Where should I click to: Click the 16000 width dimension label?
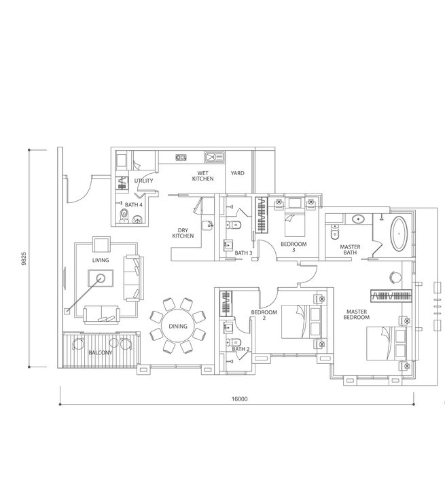[x=240, y=399]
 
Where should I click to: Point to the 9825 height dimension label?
[x=24, y=259]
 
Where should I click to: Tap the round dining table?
[x=177, y=327]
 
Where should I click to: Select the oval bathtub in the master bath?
[x=399, y=234]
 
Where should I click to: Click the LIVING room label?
[x=101, y=260]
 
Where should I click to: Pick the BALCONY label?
[x=101, y=352]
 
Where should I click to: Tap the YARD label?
[x=237, y=173]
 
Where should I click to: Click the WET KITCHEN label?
[x=202, y=176]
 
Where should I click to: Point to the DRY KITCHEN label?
[x=183, y=233]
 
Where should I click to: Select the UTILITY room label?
[x=143, y=181]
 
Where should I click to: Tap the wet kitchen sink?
[x=214, y=157]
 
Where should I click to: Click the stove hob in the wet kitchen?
[x=181, y=158]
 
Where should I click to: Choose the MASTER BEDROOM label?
[x=357, y=314]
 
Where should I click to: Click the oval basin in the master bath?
[x=358, y=219]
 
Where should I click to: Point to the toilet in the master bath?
[x=334, y=233]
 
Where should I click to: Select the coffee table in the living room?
[x=101, y=278]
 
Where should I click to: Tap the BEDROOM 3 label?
[x=293, y=246]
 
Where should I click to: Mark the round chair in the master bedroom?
[x=395, y=277]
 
